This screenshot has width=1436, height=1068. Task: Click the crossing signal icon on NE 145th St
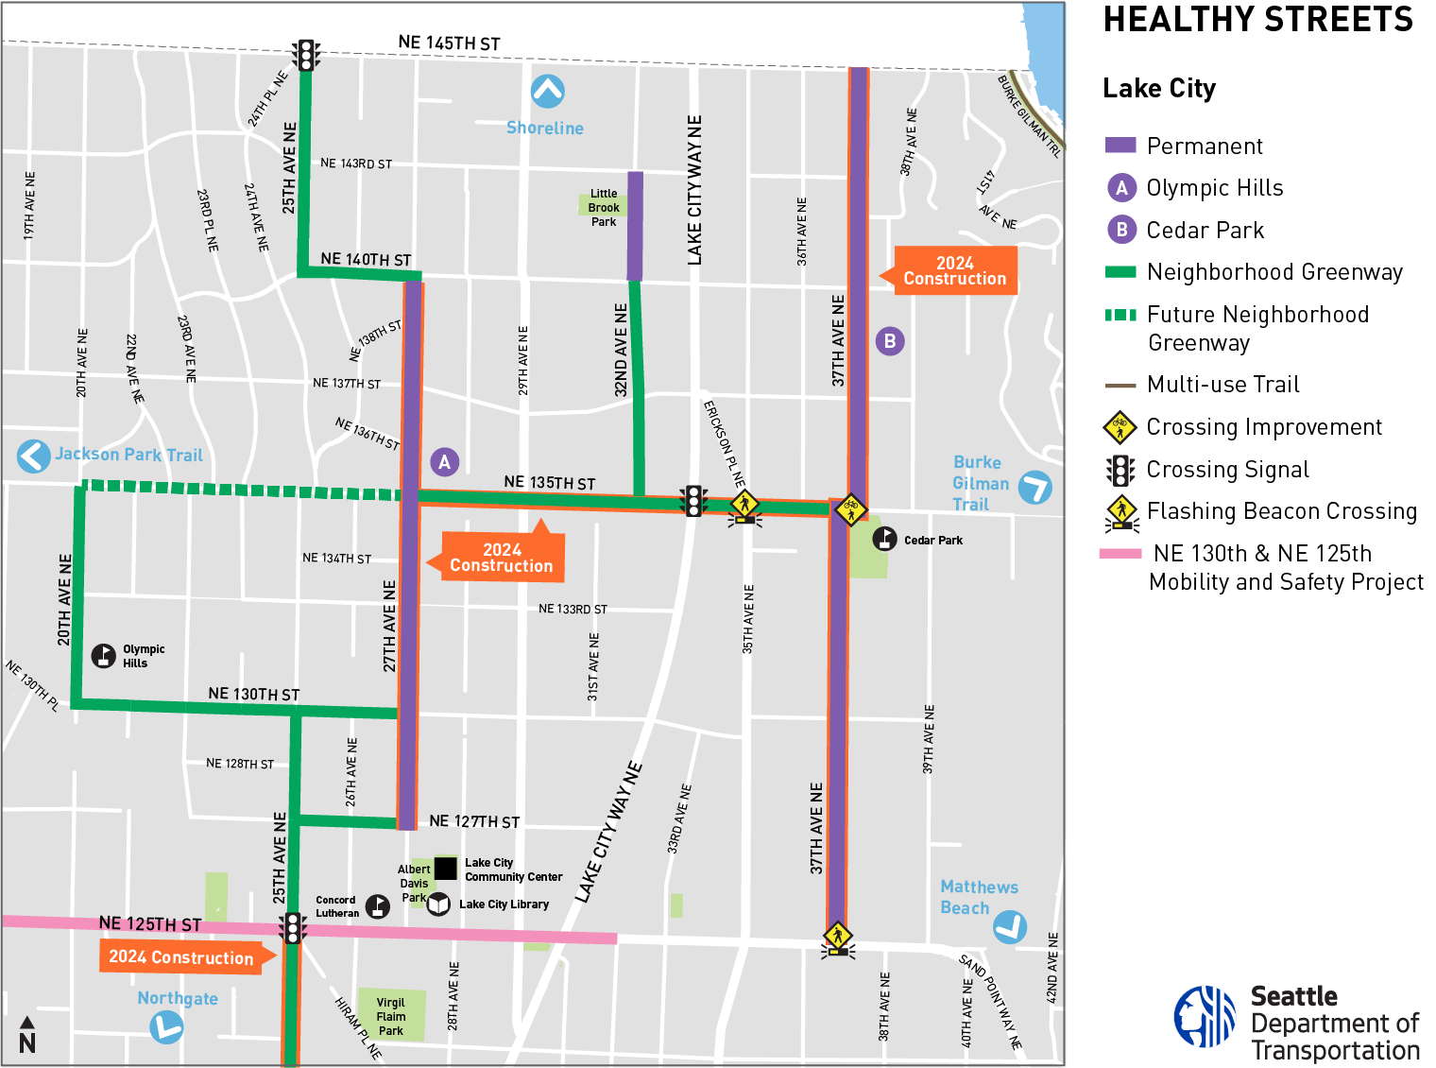tap(305, 55)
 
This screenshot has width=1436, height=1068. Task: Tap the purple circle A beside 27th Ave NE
tap(444, 462)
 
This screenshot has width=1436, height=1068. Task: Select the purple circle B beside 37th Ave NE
tap(889, 341)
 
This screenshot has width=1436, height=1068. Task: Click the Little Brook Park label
tap(604, 208)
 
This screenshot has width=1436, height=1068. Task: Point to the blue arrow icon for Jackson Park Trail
tap(34, 456)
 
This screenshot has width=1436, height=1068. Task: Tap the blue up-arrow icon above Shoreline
tap(548, 92)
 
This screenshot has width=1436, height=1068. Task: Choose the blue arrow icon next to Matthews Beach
tap(1010, 926)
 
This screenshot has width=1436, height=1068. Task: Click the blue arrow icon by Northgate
tap(166, 1026)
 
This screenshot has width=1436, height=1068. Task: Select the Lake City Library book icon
tap(438, 904)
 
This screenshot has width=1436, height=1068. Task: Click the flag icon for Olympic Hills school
tap(104, 655)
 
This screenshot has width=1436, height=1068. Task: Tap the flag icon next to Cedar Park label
tap(884, 539)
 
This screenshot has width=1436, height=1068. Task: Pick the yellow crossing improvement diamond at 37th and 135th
tap(851, 509)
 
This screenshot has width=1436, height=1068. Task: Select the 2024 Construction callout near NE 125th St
tap(181, 957)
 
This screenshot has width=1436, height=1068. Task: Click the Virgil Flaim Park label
tap(390, 1016)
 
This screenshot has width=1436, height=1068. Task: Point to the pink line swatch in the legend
tap(1120, 554)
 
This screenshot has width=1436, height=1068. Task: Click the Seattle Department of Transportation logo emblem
tap(1205, 1017)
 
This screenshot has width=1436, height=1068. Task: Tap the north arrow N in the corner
tap(27, 1036)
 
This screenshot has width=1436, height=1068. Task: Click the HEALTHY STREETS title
tap(1257, 20)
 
